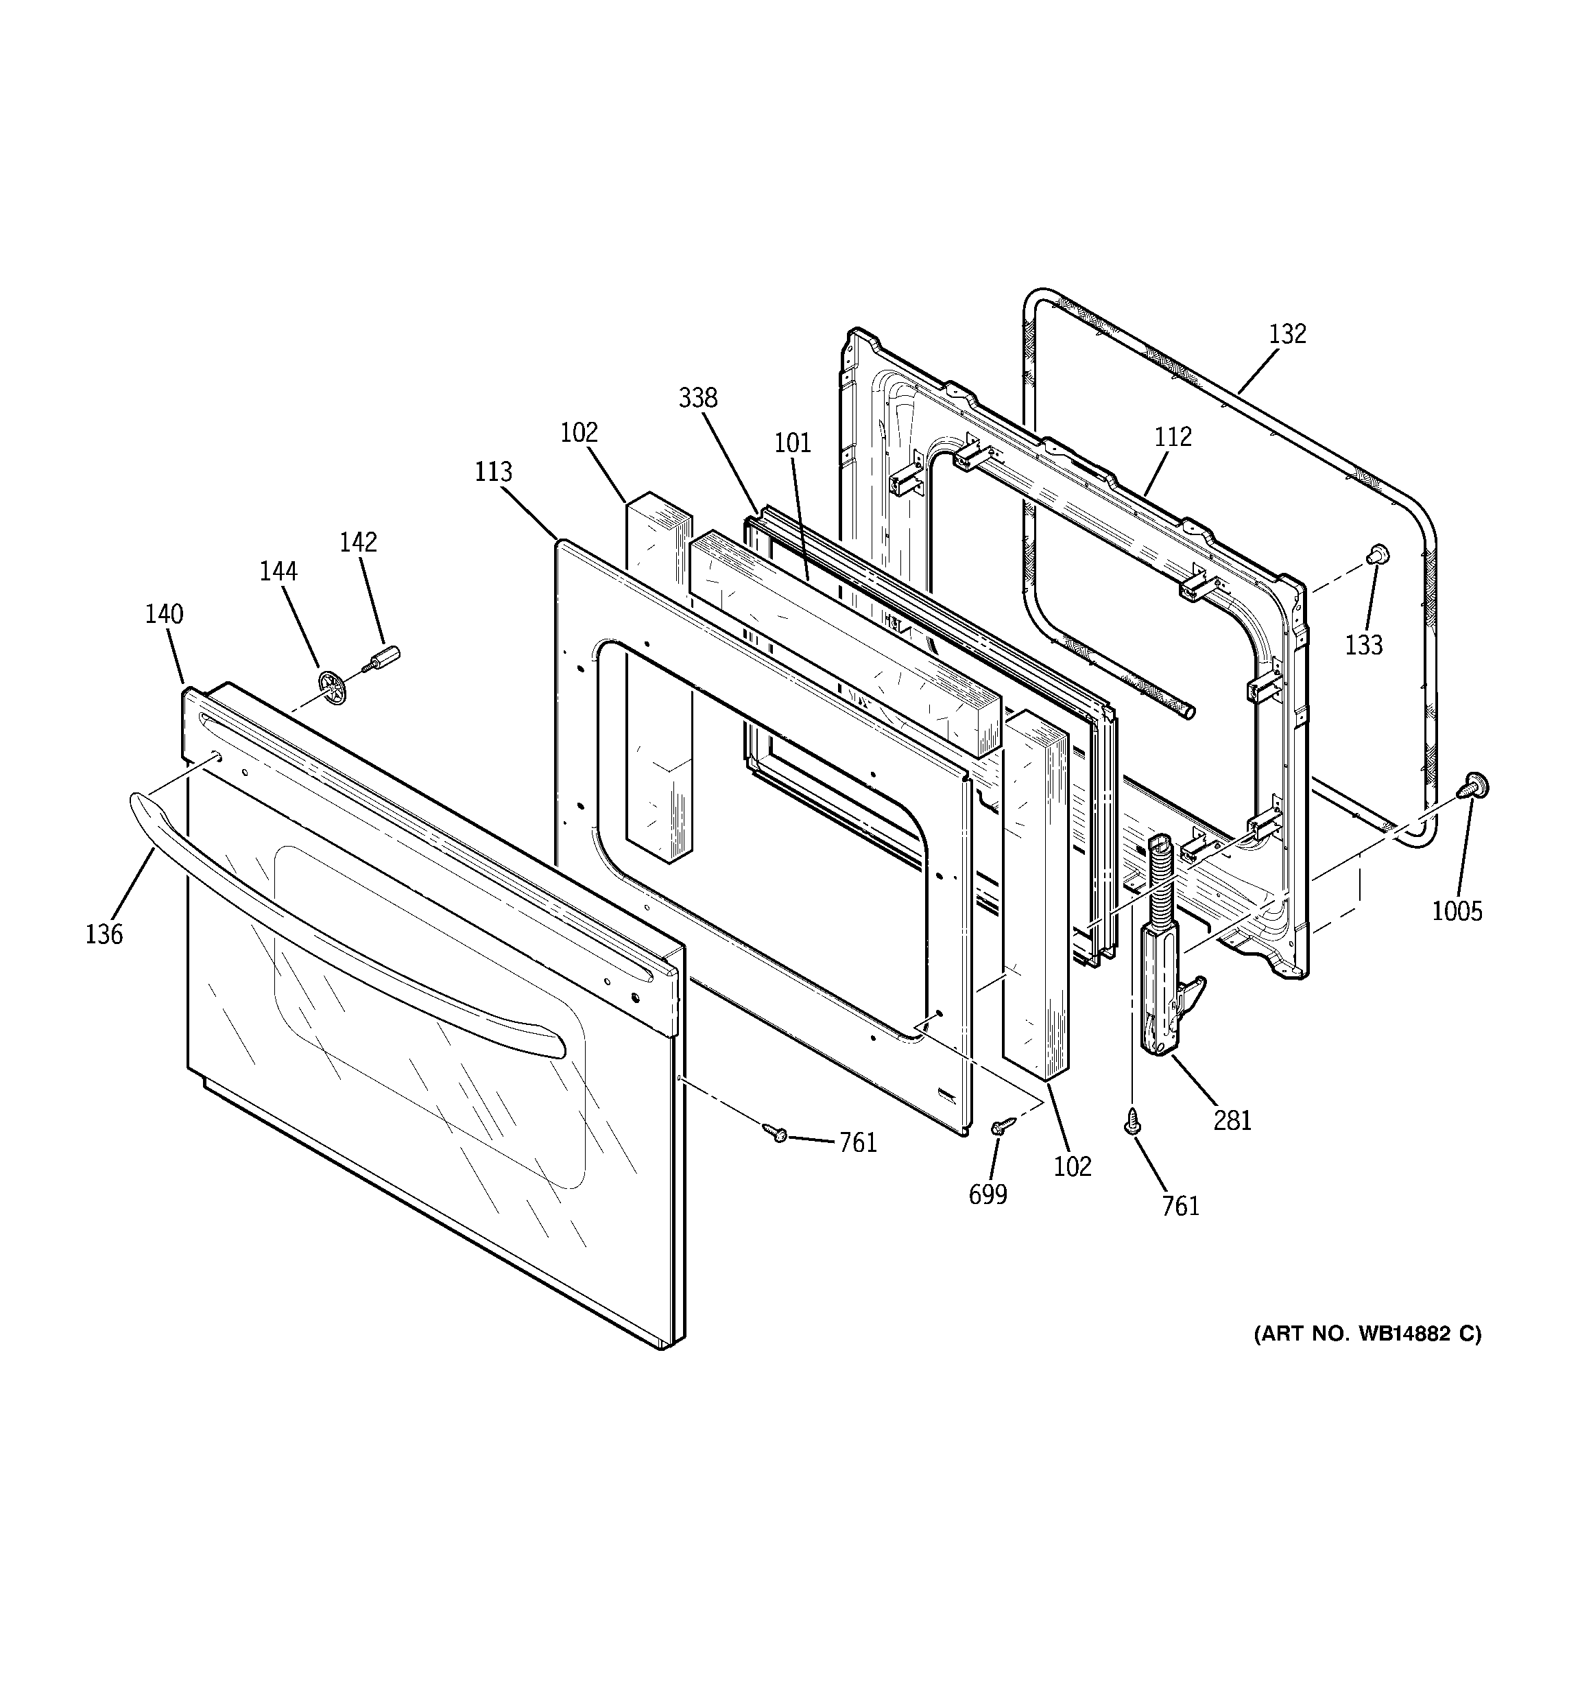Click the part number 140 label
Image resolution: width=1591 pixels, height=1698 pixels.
point(164,614)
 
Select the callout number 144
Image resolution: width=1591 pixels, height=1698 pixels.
point(278,571)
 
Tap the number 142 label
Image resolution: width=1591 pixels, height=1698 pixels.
point(358,543)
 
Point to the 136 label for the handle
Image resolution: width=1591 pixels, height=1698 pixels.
point(104,934)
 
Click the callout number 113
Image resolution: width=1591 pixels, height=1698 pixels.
point(494,471)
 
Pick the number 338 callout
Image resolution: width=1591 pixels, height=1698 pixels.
point(697,398)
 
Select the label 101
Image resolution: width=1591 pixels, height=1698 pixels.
point(793,443)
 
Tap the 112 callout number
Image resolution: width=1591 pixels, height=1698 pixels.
point(1173,437)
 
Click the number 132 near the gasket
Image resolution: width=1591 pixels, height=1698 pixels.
point(1287,334)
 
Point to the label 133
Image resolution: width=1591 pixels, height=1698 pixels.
point(1364,646)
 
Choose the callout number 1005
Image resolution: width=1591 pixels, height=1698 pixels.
point(1457,912)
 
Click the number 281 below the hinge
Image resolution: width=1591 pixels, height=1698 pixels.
point(1232,1120)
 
